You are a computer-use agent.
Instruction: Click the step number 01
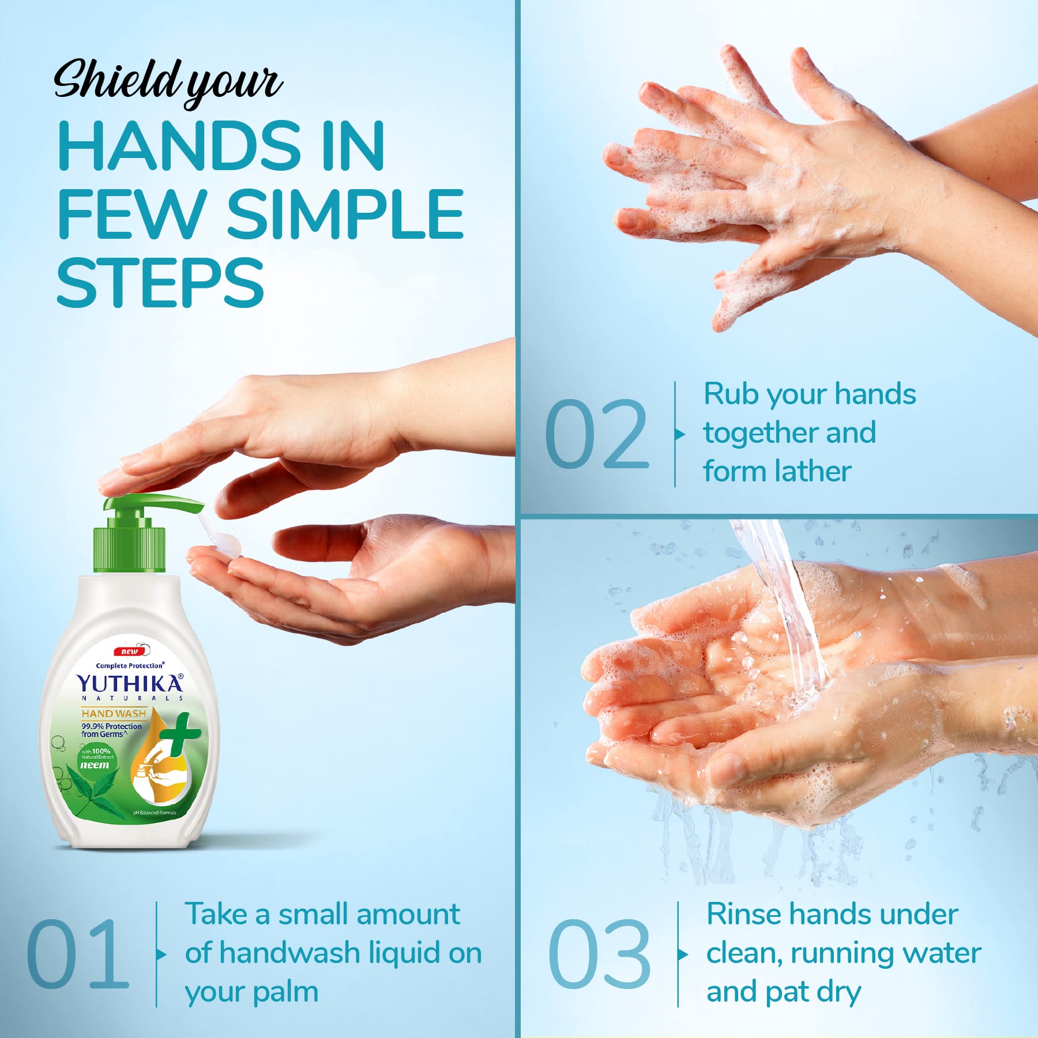(78, 954)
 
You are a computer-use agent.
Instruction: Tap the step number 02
(596, 433)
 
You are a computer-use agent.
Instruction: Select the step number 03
(599, 954)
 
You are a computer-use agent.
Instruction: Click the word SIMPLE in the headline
(345, 214)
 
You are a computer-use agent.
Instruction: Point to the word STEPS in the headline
(160, 283)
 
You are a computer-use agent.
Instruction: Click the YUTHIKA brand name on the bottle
(130, 684)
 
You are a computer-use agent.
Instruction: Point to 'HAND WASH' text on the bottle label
(114, 713)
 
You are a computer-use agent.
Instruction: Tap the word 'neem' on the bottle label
(94, 765)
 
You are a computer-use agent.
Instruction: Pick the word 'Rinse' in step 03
(743, 915)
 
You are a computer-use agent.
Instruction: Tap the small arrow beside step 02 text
(680, 434)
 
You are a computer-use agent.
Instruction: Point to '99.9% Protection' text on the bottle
(111, 727)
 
